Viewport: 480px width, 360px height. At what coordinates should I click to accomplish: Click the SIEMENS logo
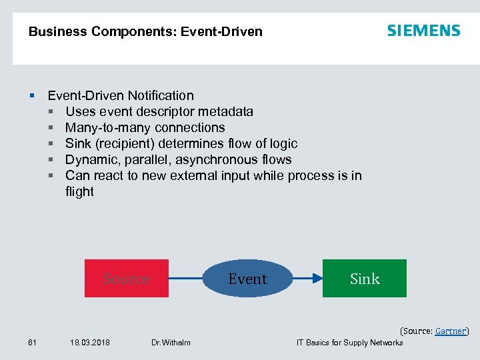(423, 31)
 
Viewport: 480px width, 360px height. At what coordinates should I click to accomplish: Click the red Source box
(126, 278)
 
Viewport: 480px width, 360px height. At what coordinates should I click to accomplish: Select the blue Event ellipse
(247, 279)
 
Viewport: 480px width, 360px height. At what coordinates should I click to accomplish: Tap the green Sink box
(365, 279)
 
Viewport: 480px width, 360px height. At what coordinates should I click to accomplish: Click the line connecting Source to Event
(185, 279)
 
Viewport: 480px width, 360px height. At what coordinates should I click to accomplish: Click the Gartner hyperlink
(451, 331)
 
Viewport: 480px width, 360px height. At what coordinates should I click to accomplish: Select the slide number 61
(32, 343)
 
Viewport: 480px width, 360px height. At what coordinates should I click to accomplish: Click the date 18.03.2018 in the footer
(90, 343)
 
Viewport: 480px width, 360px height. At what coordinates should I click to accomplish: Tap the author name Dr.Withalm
(171, 343)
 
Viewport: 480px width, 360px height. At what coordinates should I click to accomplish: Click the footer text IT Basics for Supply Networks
(349, 343)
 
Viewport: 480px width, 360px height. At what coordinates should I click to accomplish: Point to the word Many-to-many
(103, 127)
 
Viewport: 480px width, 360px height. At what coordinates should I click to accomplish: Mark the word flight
(79, 191)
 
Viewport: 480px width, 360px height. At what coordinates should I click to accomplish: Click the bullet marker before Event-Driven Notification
(32, 96)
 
